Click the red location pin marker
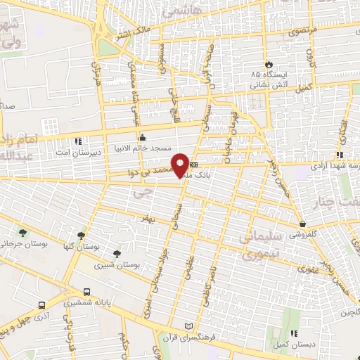182,165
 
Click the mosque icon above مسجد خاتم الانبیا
142,138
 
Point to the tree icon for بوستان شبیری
117,253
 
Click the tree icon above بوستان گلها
81,236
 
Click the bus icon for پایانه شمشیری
86,292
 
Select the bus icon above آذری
42,305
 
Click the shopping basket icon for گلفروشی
302,224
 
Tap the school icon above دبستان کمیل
295,333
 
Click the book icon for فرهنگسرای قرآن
187,326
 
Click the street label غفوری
308,269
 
